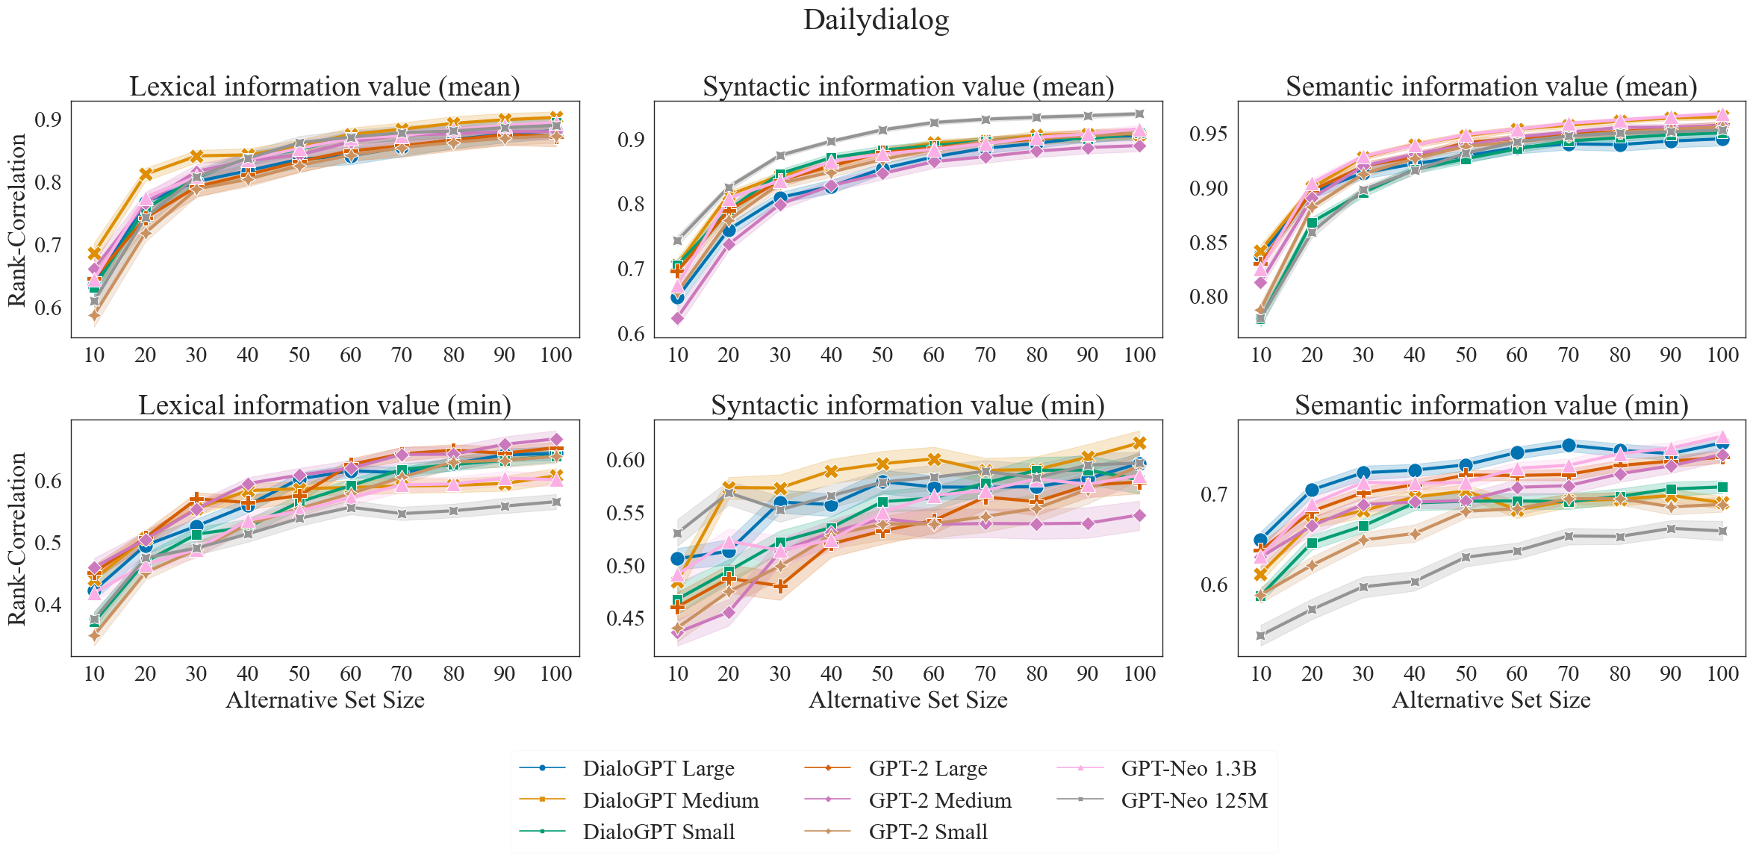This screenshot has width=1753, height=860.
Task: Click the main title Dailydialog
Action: pos(876,20)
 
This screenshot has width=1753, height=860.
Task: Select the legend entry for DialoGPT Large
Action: pos(658,768)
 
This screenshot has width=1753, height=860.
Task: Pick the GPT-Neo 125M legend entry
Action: pos(1194,800)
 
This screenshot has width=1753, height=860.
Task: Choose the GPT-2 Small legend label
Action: pos(927,832)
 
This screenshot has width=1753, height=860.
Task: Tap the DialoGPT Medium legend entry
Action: pos(670,800)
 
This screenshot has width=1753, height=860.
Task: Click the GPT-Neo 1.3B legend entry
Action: pos(1188,768)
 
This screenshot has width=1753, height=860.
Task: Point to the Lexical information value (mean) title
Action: pos(325,87)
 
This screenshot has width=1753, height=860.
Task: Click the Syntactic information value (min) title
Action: pos(908,405)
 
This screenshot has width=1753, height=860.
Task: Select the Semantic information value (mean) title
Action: pos(1491,87)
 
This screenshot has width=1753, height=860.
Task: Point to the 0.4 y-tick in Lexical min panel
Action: pos(49,605)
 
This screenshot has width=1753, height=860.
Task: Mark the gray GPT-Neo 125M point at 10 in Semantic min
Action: pos(1261,636)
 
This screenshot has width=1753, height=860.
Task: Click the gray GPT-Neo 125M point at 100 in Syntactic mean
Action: pos(1139,114)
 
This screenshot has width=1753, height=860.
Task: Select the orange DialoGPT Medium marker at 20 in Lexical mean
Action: pos(146,175)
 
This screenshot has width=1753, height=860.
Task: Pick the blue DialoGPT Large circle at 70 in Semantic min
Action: pos(1569,446)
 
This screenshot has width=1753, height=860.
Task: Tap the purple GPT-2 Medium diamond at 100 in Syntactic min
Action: pos(1139,515)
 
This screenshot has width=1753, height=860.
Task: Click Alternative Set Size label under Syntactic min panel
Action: pos(908,700)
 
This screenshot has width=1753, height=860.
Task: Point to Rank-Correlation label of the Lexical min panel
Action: pos(16,538)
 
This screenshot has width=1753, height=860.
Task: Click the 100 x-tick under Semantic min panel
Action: pos(1723,674)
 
